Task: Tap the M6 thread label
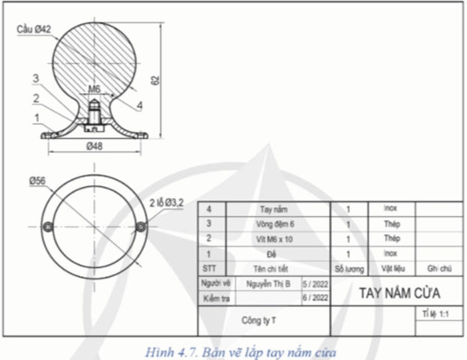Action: (94, 89)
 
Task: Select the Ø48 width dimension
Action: (94, 146)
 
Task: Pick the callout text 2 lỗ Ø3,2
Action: (166, 202)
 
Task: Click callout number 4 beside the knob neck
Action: (139, 106)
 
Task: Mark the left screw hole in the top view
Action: (48, 226)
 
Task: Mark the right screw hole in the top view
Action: (141, 226)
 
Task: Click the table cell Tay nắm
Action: (274, 210)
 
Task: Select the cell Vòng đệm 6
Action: (274, 224)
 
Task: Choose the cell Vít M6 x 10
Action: (274, 238)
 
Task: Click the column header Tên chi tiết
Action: (274, 268)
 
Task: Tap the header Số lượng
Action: (349, 268)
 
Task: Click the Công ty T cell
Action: (259, 320)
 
